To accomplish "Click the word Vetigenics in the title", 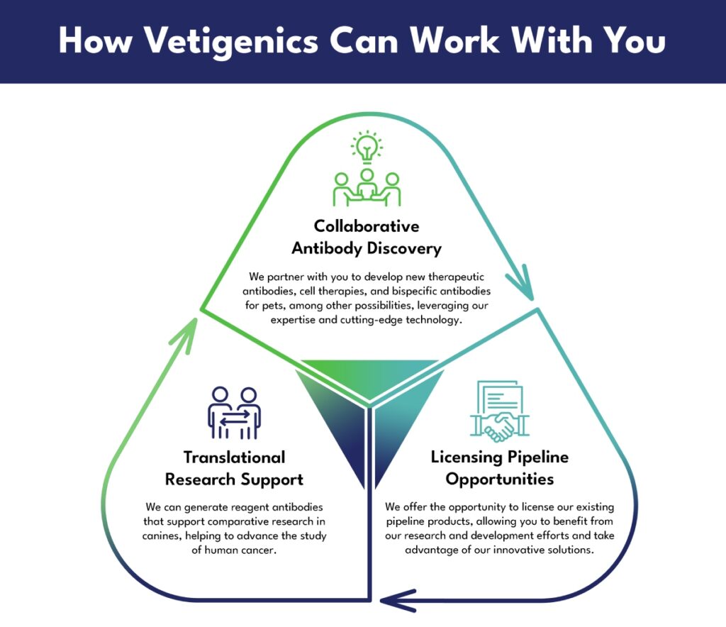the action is point(232,41).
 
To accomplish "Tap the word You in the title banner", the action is point(636,40).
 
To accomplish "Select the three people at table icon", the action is point(367,187).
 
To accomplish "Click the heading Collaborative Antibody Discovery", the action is point(367,237).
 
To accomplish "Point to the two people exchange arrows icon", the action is point(234,413).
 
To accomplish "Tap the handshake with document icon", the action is point(500,411).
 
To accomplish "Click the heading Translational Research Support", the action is point(234,468).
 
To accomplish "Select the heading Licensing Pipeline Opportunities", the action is point(500,467).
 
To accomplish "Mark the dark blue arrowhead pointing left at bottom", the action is point(397,601).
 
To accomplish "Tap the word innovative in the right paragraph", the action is point(518,550).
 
